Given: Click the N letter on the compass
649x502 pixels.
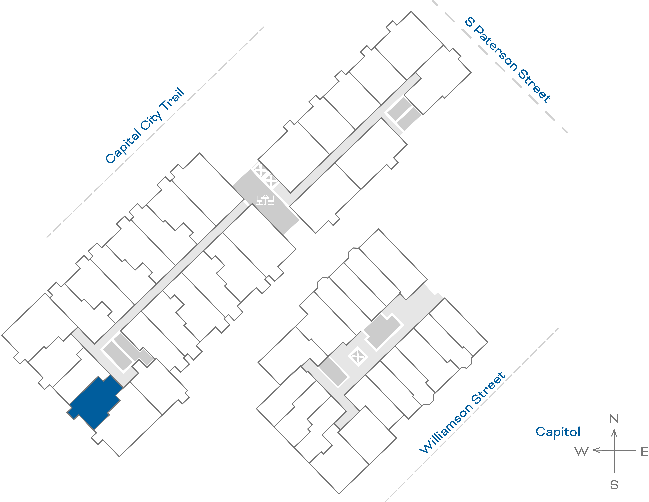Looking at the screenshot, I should click(614, 419).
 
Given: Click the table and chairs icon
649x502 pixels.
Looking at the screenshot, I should click(265, 200).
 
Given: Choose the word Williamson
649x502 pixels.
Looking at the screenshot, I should click(446, 428).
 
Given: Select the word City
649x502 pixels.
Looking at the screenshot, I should click(152, 120).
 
